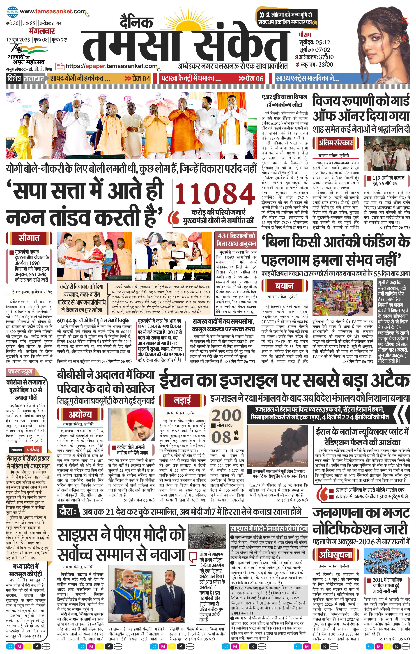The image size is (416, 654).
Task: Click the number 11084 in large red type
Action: [x=214, y=195]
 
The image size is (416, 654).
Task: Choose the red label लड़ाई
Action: [x=182, y=400]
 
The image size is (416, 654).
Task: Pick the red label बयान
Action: [x=284, y=286]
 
